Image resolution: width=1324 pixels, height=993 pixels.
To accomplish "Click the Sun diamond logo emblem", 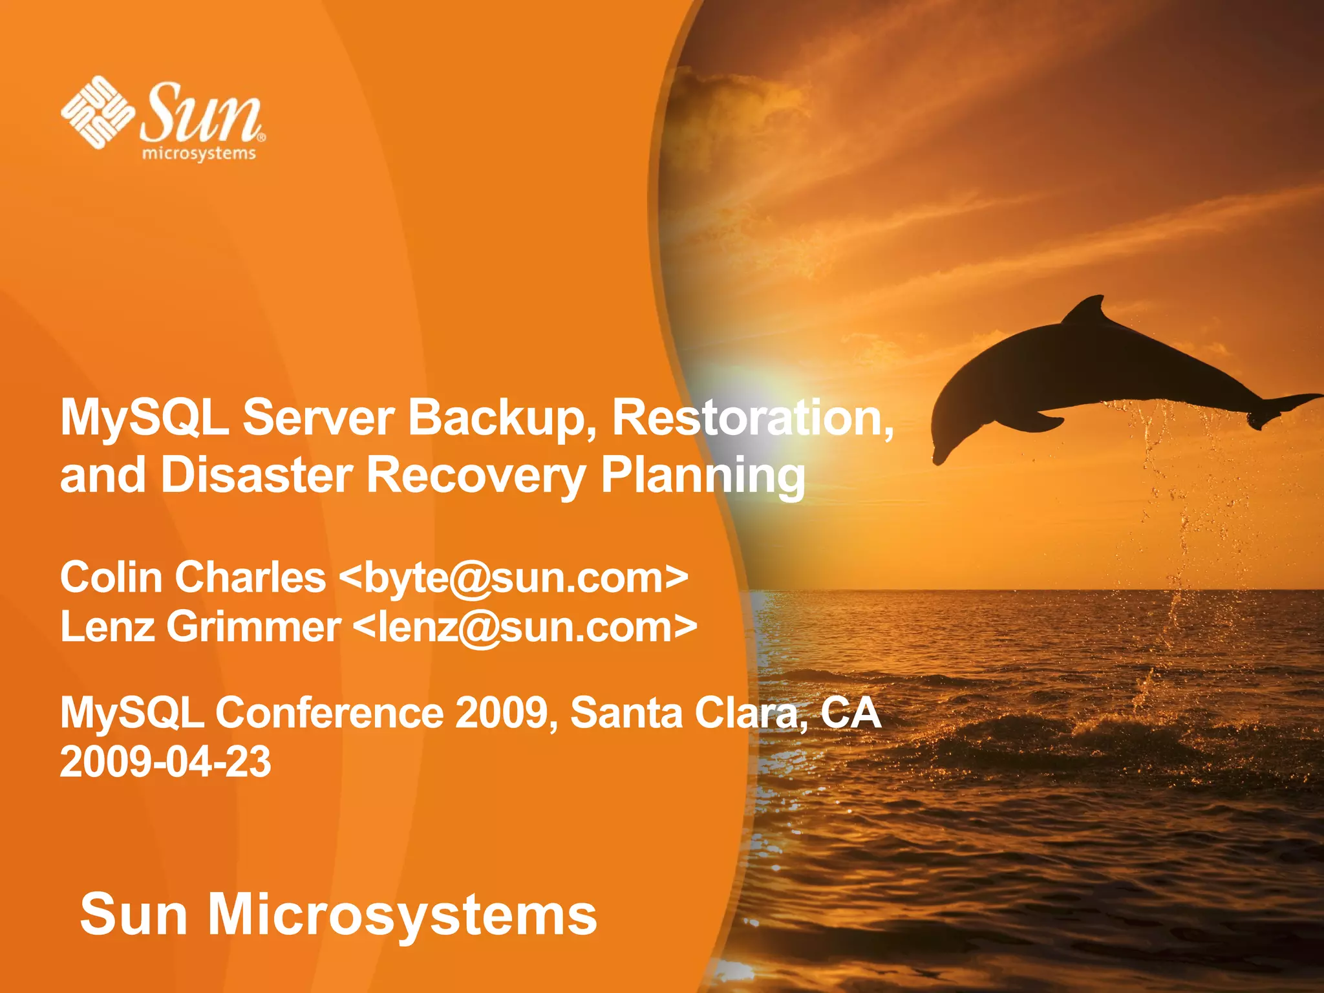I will tap(97, 112).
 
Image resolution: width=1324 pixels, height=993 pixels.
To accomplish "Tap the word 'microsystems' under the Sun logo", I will tap(199, 154).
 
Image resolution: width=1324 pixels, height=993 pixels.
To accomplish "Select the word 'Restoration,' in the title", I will tap(753, 418).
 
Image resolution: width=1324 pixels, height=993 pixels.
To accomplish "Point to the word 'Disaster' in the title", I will tap(257, 475).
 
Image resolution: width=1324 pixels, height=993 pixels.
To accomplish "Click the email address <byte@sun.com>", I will tap(513, 578).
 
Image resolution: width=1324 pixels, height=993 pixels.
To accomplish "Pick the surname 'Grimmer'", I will tap(253, 627).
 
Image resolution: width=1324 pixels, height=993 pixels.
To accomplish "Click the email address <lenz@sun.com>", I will tap(525, 627).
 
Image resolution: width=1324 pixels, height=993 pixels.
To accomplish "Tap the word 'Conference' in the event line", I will tap(329, 713).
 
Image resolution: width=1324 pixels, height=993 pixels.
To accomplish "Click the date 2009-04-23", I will tap(165, 762).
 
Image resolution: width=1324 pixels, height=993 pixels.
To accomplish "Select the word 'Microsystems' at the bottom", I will tap(402, 914).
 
